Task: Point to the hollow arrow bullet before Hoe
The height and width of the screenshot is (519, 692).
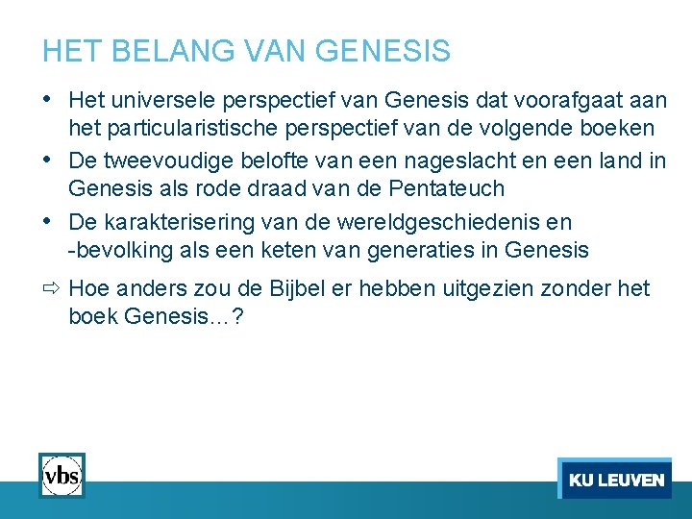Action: tap(52, 288)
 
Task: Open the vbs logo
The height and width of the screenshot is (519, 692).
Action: tap(62, 475)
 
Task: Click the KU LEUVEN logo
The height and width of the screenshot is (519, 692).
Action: tap(614, 479)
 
